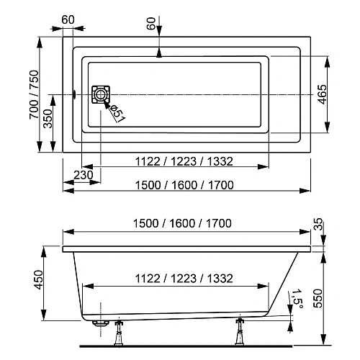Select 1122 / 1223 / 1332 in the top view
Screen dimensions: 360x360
(x=177, y=161)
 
